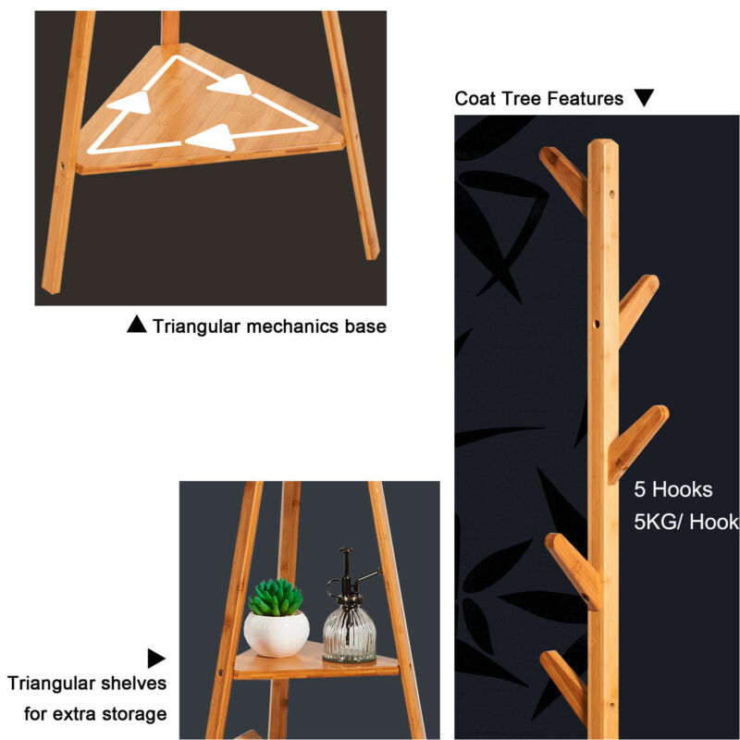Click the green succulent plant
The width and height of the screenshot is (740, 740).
(x=276, y=597)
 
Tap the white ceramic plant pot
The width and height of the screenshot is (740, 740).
(x=277, y=634)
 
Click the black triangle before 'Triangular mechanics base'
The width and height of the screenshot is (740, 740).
(x=137, y=325)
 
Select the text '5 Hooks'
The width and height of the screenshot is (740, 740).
(x=673, y=489)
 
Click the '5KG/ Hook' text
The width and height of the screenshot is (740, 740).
(x=686, y=522)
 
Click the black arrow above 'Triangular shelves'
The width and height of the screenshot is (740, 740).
(x=156, y=659)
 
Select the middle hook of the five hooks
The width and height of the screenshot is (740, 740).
(x=638, y=444)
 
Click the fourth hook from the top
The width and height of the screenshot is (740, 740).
(x=573, y=571)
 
